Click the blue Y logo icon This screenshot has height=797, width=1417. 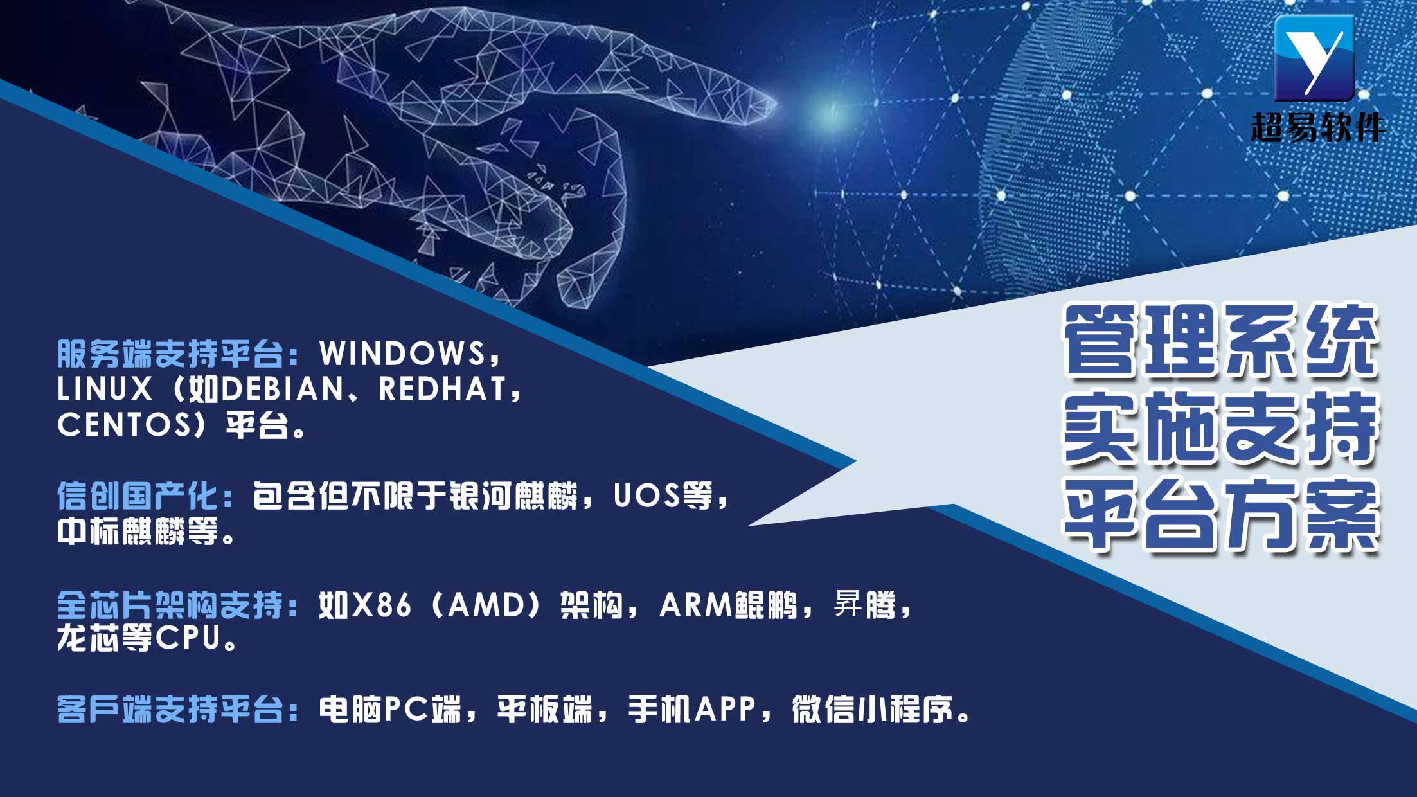point(1314,58)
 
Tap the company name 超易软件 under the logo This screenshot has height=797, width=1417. point(1318,127)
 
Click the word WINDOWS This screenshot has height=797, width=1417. point(402,353)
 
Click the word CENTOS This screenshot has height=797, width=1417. point(124,424)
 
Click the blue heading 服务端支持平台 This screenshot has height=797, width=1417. point(170,353)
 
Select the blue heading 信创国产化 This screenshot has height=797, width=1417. point(138,496)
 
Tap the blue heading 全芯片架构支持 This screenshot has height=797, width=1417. point(170,605)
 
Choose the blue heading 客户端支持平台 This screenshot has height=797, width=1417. point(170,710)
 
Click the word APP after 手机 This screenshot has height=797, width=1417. point(725,710)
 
